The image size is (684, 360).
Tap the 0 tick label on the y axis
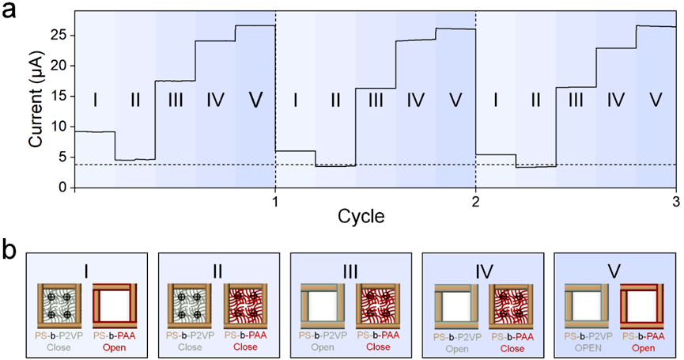click(63, 187)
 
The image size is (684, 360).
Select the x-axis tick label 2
click(475, 199)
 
